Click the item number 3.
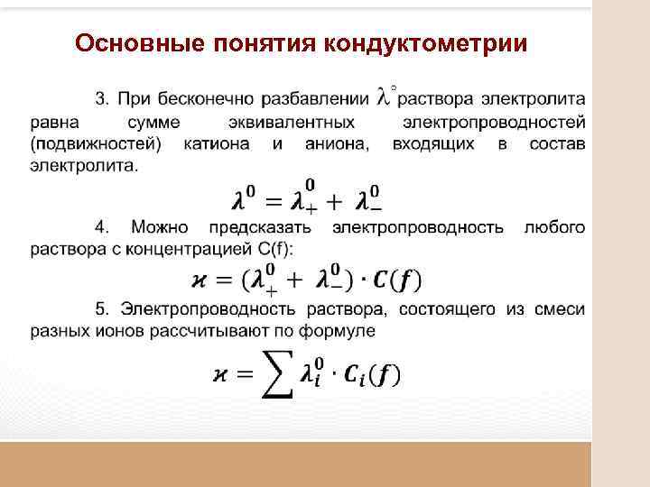point(100,97)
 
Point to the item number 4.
point(100,226)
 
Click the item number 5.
point(100,309)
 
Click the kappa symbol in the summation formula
point(223,374)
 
